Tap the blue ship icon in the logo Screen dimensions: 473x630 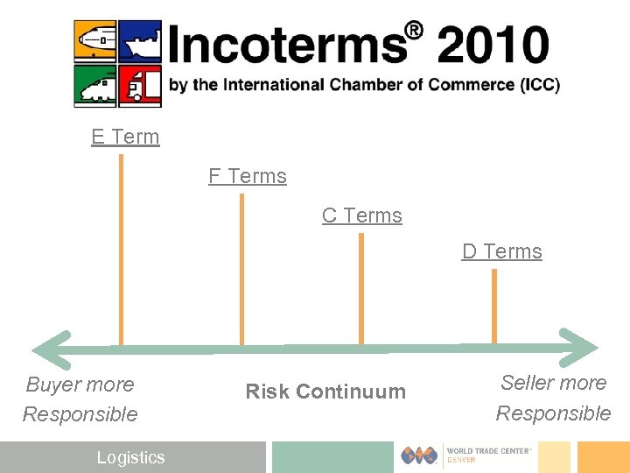140,40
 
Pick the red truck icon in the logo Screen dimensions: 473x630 140,86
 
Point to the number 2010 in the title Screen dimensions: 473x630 494,45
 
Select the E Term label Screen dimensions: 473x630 125,137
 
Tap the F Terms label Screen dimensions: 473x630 248,176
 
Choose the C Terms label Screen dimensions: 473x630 362,215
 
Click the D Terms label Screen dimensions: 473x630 502,251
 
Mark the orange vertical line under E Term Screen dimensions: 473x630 121,250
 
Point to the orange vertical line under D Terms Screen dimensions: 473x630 494,306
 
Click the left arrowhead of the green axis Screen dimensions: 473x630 55,349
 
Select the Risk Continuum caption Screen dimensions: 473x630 325,392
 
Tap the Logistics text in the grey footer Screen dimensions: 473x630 130,457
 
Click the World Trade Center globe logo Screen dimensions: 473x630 420,455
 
